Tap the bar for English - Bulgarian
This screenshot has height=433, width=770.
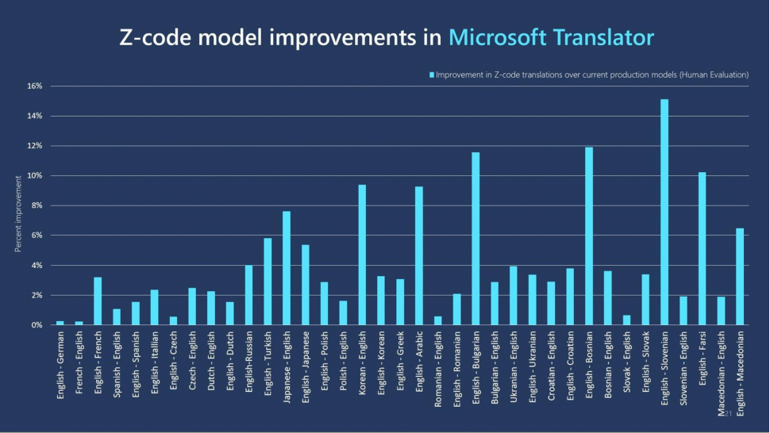pyautogui.click(x=475, y=239)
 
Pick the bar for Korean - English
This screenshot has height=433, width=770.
pyautogui.click(x=362, y=255)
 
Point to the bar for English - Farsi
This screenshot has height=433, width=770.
pyautogui.click(x=702, y=249)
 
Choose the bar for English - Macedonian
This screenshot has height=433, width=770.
pyautogui.click(x=740, y=277)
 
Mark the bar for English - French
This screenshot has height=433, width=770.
pyautogui.click(x=98, y=301)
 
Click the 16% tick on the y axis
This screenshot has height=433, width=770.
pyautogui.click(x=35, y=86)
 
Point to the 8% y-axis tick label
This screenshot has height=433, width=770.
pyautogui.click(x=37, y=205)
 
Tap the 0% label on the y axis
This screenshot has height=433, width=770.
pyautogui.click(x=37, y=325)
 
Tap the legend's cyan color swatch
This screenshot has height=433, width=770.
pyautogui.click(x=432, y=75)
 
